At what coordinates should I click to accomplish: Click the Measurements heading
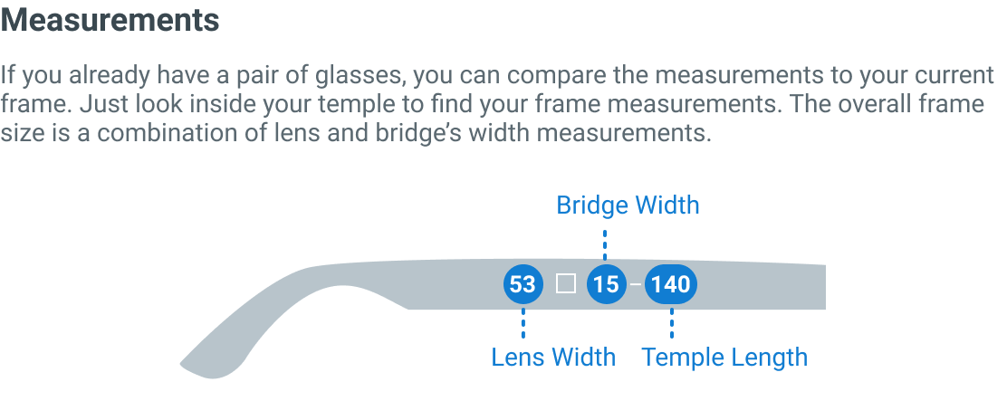point(110,20)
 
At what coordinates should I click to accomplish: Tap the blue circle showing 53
point(523,284)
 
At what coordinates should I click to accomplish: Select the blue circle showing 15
point(606,284)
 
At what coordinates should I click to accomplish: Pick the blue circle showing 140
point(671,284)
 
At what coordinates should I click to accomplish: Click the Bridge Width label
point(628,205)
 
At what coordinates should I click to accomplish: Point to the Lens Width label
point(552,357)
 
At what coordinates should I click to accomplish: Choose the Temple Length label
point(724,357)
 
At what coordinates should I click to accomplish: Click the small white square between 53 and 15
point(566,284)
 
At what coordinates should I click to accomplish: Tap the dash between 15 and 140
point(637,284)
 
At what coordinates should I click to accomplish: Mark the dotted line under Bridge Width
point(605,243)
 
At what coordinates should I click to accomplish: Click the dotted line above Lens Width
point(523,323)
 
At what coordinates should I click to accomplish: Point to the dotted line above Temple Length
point(672,323)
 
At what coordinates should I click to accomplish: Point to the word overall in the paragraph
point(882,104)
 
